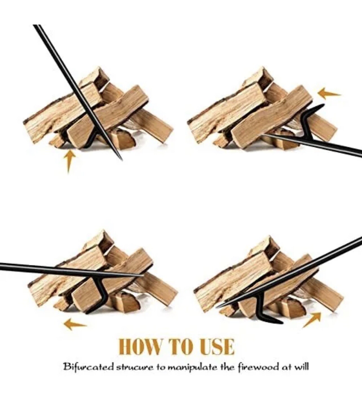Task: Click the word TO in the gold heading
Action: coord(181,347)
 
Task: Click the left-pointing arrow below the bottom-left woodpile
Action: coord(74,325)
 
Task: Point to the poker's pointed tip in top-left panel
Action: coord(121,159)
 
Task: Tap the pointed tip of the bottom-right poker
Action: coord(217,307)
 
